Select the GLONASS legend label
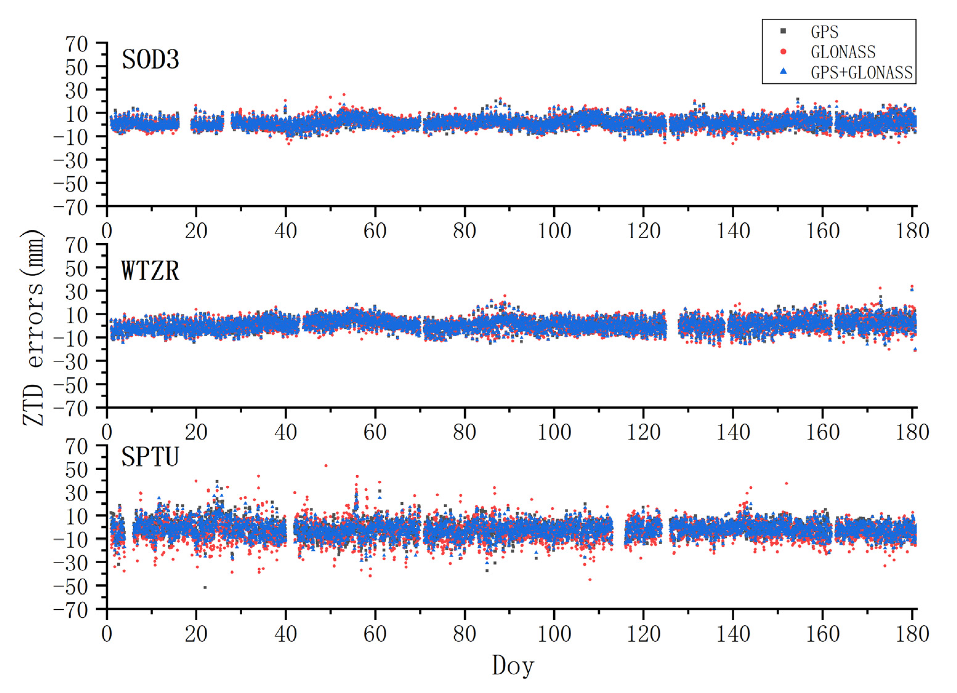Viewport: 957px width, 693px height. (x=843, y=52)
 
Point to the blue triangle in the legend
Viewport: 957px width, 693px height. (x=783, y=72)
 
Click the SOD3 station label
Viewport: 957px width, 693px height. (x=150, y=59)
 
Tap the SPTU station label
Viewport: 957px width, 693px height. (x=150, y=457)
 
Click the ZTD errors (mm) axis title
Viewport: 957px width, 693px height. (x=33, y=328)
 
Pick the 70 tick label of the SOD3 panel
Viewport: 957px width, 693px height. (x=76, y=44)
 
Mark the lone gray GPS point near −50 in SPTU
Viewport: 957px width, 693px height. (x=205, y=587)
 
